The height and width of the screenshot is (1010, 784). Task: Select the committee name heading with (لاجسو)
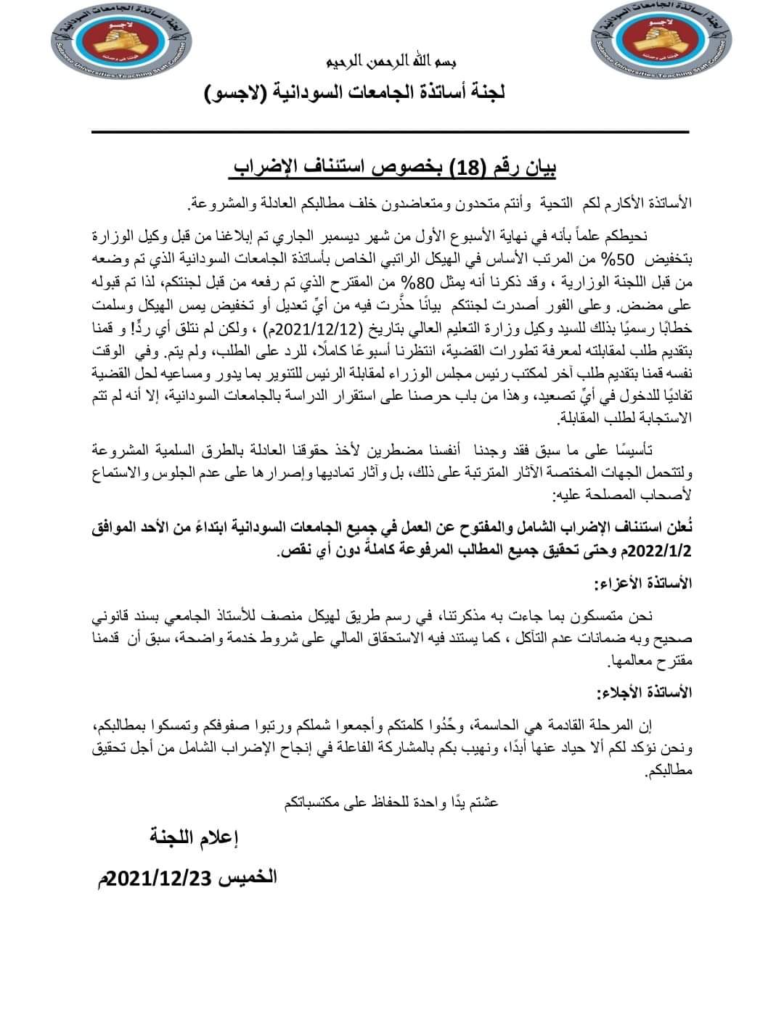click(x=355, y=92)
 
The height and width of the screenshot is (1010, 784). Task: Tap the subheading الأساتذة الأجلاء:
click(x=643, y=692)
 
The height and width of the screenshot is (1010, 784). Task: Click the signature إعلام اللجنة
click(x=195, y=838)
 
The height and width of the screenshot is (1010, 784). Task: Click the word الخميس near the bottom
click(x=248, y=877)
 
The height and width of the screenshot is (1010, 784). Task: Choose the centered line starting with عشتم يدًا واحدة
click(x=389, y=802)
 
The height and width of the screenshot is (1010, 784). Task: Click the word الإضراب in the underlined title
click(x=264, y=169)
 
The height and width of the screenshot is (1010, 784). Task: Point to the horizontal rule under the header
click(x=389, y=132)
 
